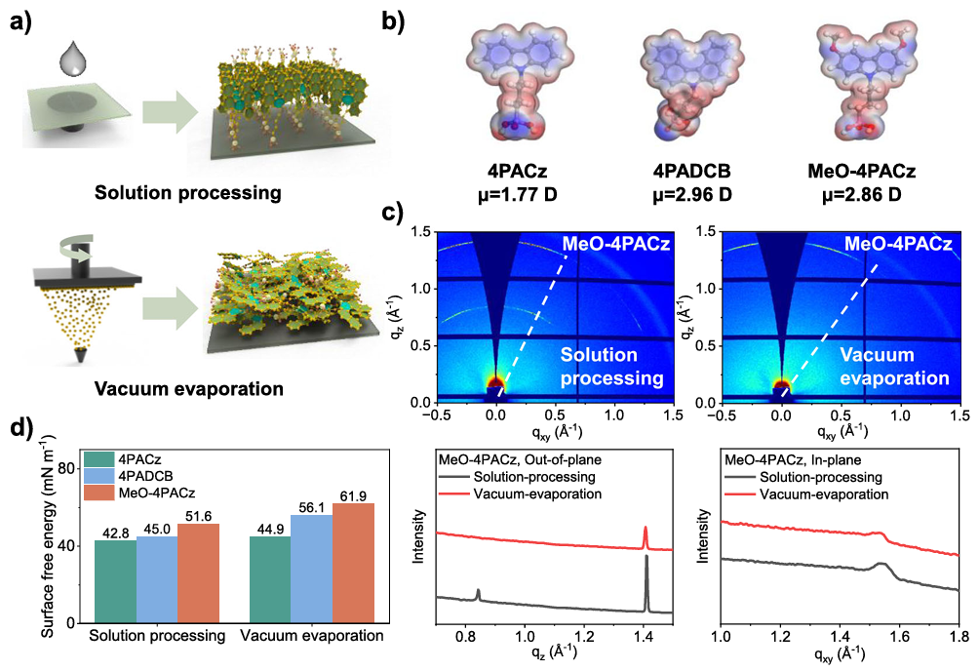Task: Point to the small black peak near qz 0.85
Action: tap(478, 593)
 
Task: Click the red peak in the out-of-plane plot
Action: tap(645, 537)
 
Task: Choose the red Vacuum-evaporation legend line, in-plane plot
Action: tap(741, 494)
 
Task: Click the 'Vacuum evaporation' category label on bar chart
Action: tap(311, 636)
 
